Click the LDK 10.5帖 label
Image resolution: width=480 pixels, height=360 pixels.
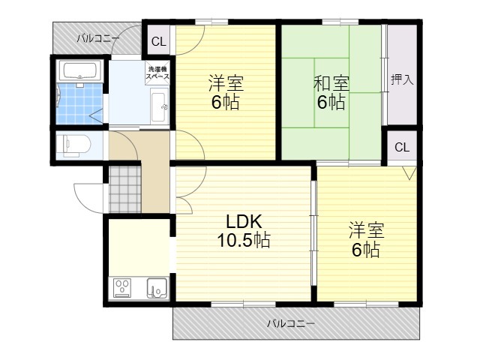click(244, 231)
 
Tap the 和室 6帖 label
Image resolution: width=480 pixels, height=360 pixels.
click(331, 93)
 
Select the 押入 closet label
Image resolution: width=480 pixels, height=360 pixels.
click(402, 80)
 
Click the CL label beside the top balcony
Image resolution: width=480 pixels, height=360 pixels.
click(158, 41)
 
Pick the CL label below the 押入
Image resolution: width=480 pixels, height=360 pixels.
click(402, 147)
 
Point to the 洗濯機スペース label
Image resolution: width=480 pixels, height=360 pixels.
click(157, 73)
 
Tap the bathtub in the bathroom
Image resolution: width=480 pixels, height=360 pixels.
click(82, 70)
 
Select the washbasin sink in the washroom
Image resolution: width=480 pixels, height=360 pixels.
click(159, 106)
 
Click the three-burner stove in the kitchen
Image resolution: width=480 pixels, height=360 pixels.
click(122, 288)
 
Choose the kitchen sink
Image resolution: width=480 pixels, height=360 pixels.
click(157, 288)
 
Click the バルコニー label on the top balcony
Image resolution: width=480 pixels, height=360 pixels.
click(98, 39)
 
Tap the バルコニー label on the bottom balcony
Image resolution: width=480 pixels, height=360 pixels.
click(291, 323)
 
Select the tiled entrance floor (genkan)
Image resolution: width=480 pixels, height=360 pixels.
click(125, 190)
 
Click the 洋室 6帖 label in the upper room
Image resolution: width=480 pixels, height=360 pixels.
click(226, 91)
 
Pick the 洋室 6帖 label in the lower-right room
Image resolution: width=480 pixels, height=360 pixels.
click(366, 240)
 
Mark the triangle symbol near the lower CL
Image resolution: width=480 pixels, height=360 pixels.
click(409, 172)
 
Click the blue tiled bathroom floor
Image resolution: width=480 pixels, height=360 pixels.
click(79, 103)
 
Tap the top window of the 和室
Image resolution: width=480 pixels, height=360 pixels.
click(340, 22)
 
